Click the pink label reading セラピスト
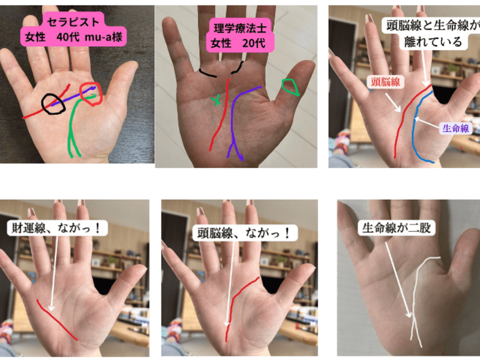pyautogui.click(x=73, y=29)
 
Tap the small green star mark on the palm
pyautogui.click(x=217, y=100)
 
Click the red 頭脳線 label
pyautogui.click(x=385, y=82)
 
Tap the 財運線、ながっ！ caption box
pyautogui.click(x=57, y=228)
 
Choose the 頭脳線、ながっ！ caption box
pyautogui.click(x=244, y=233)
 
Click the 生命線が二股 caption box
pyautogui.click(x=397, y=227)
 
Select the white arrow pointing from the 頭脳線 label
pyautogui.click(x=393, y=102)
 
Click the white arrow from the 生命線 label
pyautogui.click(x=427, y=122)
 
